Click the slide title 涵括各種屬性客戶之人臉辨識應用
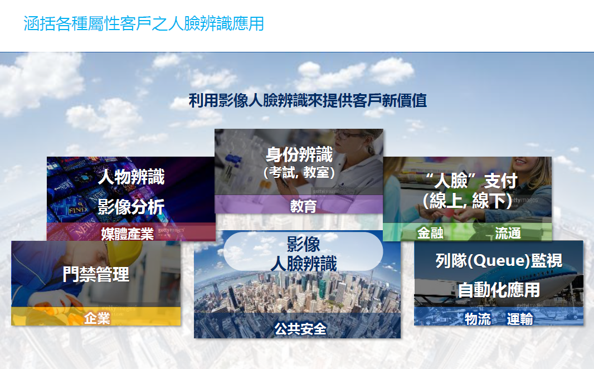[144, 23]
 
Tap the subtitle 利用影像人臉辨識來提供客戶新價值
[308, 101]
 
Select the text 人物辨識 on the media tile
[131, 177]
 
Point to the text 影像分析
[131, 207]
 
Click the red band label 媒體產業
[127, 234]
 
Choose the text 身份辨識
[299, 154]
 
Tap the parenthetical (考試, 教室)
[299, 172]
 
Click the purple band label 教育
[303, 206]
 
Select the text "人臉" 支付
[471, 181]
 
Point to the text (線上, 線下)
[468, 201]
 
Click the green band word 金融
[430, 232]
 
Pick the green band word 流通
[508, 233]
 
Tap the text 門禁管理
[96, 274]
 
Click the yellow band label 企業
[97, 318]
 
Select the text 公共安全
[300, 329]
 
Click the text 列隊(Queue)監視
[499, 261]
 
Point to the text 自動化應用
[499, 290]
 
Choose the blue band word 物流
[478, 319]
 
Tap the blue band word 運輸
[520, 319]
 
